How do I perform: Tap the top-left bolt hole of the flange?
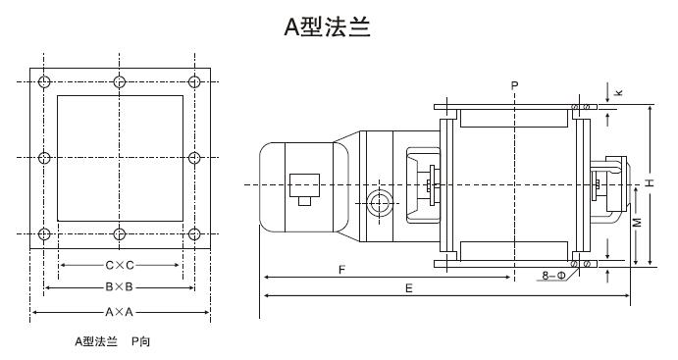click(43, 80)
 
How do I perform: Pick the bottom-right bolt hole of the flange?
click(195, 233)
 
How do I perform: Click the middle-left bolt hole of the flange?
click(43, 157)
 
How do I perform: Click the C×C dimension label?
click(120, 265)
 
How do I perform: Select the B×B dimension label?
click(120, 287)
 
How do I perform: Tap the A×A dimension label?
click(120, 312)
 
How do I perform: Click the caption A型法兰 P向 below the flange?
click(113, 342)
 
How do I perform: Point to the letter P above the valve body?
click(514, 87)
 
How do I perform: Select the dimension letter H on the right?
click(650, 183)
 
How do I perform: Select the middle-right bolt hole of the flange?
click(195, 157)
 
